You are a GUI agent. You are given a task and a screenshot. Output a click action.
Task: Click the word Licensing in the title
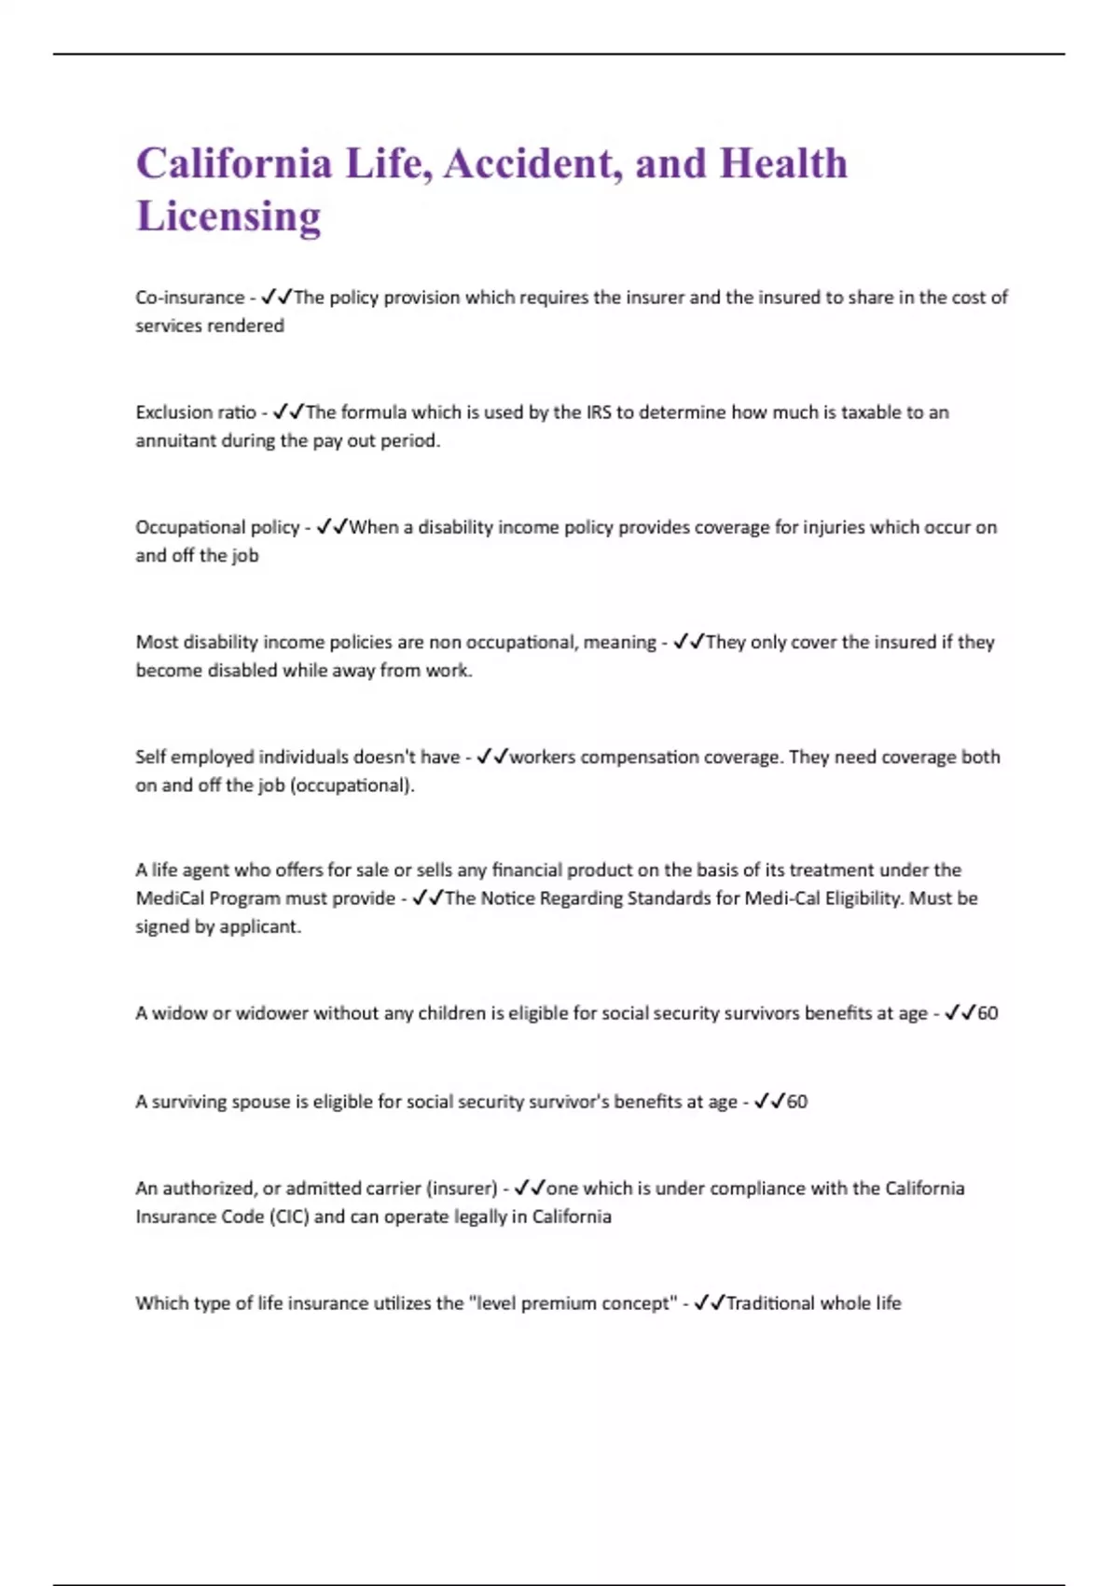[228, 216]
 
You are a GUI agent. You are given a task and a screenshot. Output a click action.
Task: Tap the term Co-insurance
[189, 298]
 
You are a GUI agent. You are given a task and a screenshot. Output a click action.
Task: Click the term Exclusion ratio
[195, 412]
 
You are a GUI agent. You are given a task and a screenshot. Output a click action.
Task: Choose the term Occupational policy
[217, 527]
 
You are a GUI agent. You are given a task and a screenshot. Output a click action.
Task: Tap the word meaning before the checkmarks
[619, 642]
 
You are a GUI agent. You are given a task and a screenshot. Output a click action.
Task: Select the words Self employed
[194, 757]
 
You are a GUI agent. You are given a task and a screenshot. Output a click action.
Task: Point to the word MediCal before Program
[170, 898]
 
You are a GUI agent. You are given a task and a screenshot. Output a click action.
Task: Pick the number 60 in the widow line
[988, 1013]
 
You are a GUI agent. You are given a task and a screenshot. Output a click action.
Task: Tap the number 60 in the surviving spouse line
[797, 1102]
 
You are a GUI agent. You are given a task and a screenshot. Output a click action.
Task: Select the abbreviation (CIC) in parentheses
[289, 1217]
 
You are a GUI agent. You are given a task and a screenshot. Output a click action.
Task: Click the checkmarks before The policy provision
[277, 298]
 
